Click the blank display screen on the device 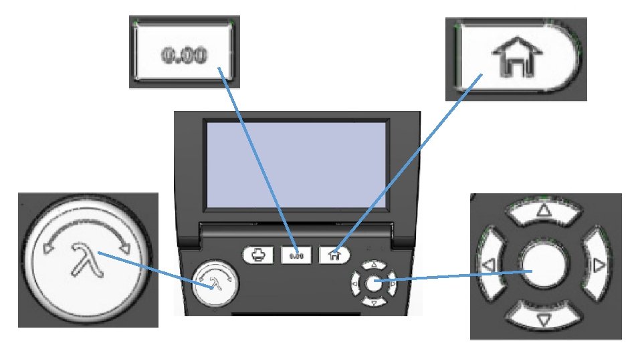(296, 165)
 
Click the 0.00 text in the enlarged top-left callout (181, 53)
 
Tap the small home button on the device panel (334, 255)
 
